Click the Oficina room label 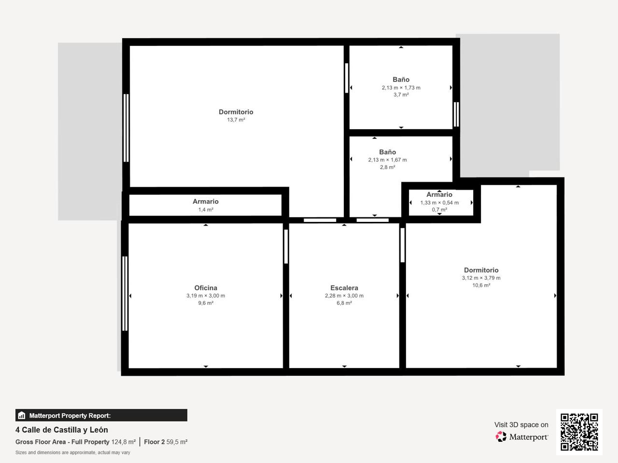[206, 288]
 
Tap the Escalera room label [344, 288]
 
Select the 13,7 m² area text [236, 120]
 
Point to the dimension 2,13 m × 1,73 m [401, 88]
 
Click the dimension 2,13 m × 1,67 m [387, 160]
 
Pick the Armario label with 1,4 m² [206, 202]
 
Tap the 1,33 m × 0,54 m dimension [439, 203]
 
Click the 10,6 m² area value [481, 286]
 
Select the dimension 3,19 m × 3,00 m [206, 296]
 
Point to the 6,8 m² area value [344, 303]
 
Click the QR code [579, 432]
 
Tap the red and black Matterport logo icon [501, 436]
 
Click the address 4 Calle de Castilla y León [62, 430]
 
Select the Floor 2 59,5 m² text [166, 442]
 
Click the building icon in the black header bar [21, 415]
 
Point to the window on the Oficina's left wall [125, 294]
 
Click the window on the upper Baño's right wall [456, 114]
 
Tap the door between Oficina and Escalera [286, 246]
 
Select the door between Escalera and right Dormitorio [403, 245]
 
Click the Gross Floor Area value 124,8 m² [124, 442]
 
